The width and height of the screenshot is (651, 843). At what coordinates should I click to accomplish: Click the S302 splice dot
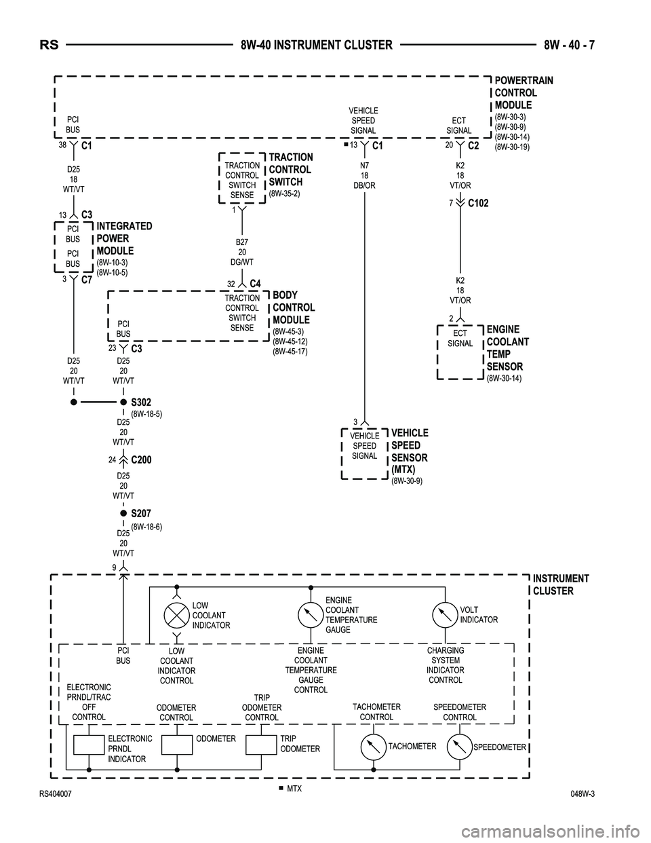pyautogui.click(x=123, y=402)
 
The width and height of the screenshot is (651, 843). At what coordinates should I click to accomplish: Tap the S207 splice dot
pyautogui.click(x=123, y=514)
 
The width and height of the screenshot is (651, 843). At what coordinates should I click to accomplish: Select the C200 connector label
pyautogui.click(x=141, y=460)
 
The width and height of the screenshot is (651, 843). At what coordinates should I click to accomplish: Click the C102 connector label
pyautogui.click(x=478, y=203)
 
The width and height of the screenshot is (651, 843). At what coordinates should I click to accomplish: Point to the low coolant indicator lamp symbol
pyautogui.click(x=176, y=615)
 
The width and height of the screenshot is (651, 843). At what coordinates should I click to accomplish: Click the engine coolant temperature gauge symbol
pyautogui.click(x=310, y=615)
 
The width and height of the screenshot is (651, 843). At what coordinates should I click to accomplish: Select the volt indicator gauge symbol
pyautogui.click(x=445, y=615)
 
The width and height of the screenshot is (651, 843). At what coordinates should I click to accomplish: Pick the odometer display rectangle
pyautogui.click(x=177, y=745)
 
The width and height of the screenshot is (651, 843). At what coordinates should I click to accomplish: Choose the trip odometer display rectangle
pyautogui.click(x=261, y=745)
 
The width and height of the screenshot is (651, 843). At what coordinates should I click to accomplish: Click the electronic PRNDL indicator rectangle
pyautogui.click(x=89, y=745)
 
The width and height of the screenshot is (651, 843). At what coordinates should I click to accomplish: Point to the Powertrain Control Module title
pyautogui.click(x=524, y=93)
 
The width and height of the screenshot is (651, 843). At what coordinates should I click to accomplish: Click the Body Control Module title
pyautogui.click(x=294, y=307)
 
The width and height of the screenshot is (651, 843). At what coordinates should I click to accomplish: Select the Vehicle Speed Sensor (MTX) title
pyautogui.click(x=410, y=451)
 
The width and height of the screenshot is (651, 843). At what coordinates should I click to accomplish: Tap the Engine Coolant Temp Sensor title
pyautogui.click(x=507, y=348)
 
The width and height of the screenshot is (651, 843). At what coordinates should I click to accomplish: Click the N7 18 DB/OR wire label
pyautogui.click(x=364, y=175)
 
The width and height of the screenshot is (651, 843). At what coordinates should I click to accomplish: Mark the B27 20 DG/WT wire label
pyautogui.click(x=242, y=252)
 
